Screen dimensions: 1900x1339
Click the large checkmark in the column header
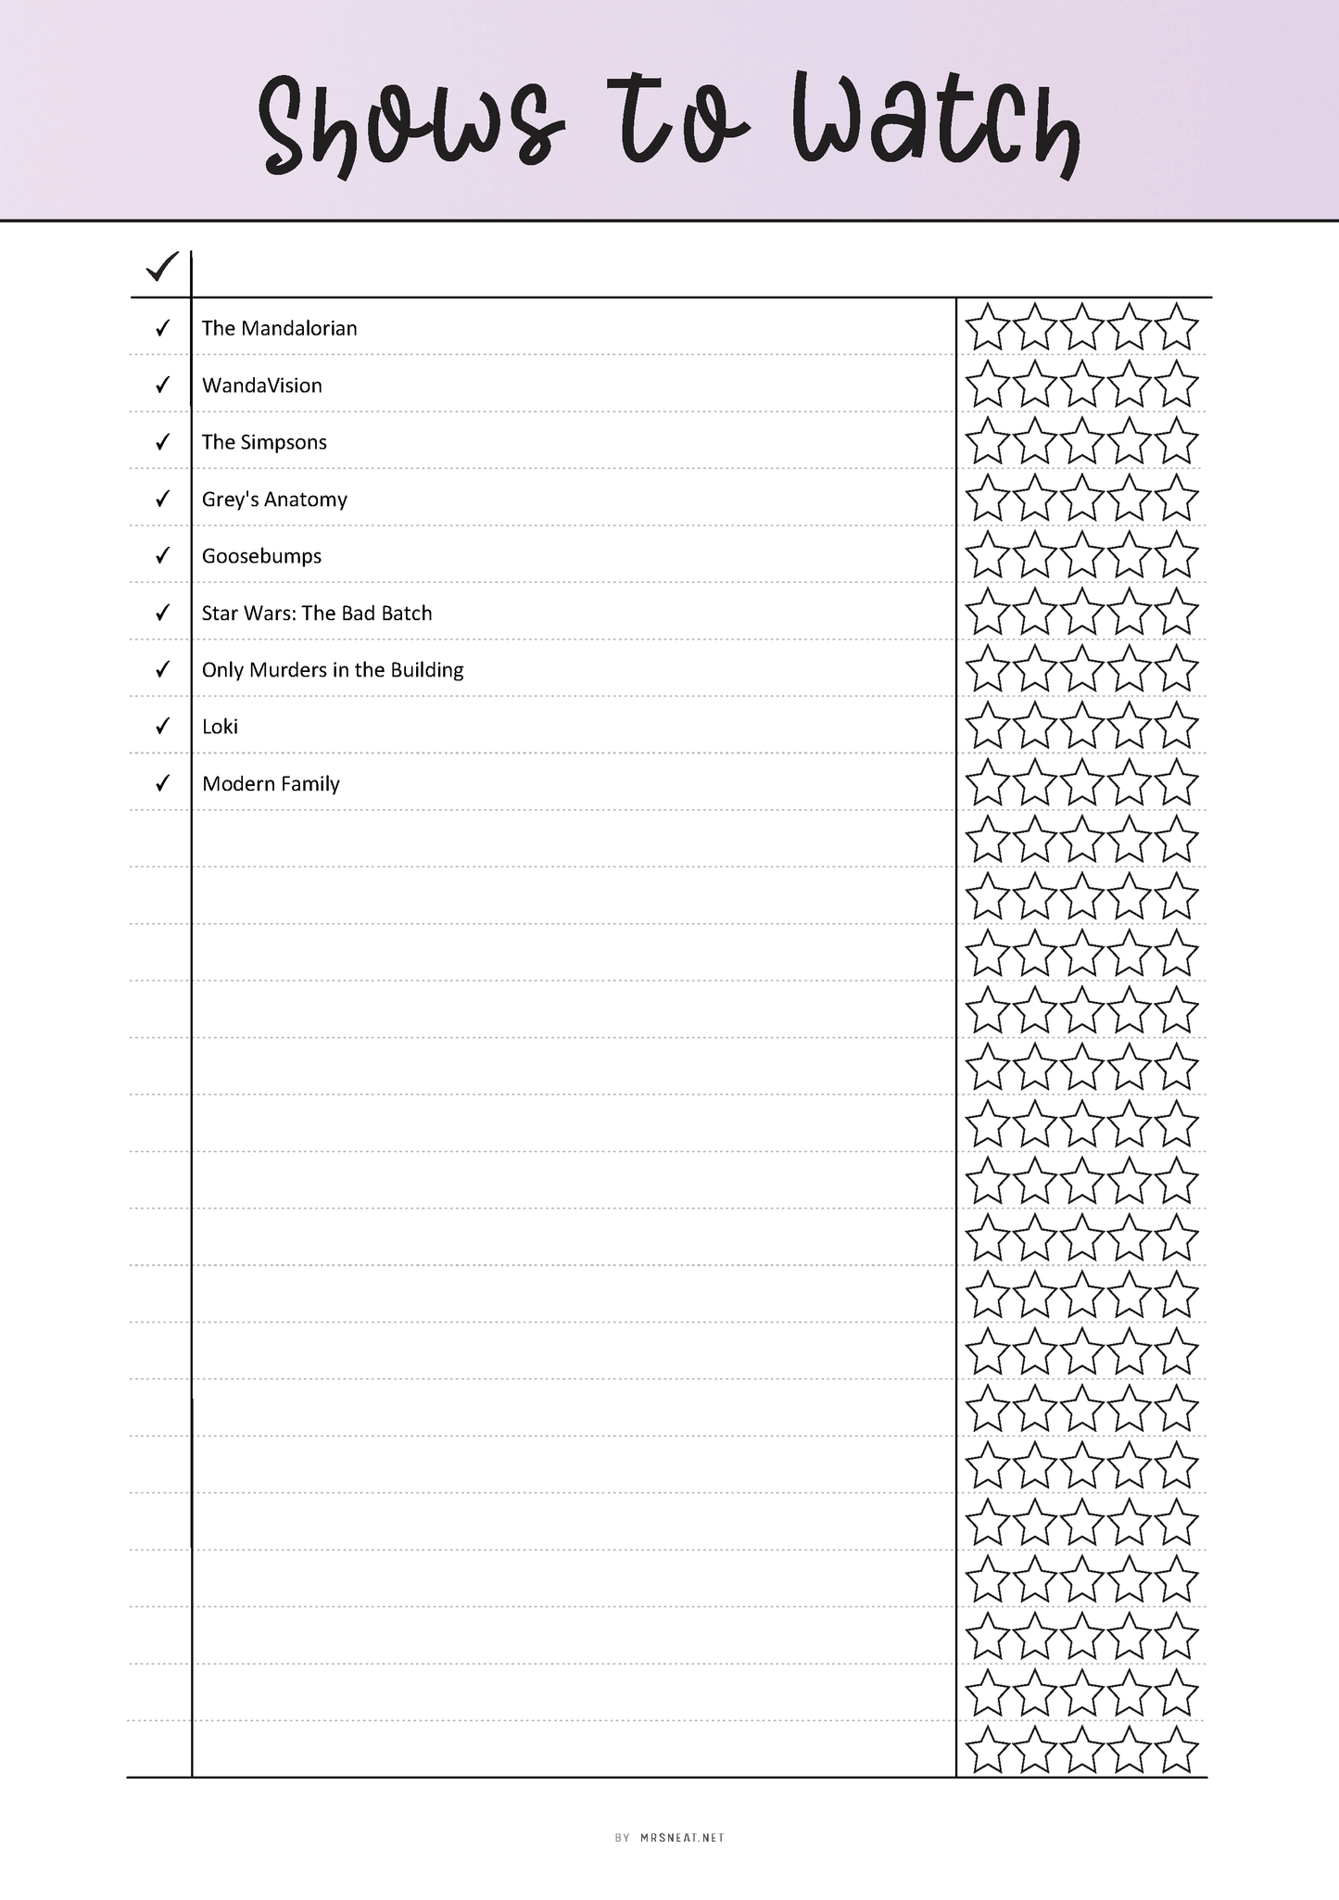pyautogui.click(x=161, y=268)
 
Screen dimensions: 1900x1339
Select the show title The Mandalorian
pyautogui.click(x=279, y=328)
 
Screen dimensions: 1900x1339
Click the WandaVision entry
pyautogui.click(x=262, y=386)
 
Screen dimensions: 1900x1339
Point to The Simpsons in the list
pyautogui.click(x=264, y=442)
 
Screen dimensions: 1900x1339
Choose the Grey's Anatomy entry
pyautogui.click(x=274, y=500)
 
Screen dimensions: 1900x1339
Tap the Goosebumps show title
pyautogui.click(x=261, y=556)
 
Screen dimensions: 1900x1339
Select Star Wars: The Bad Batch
pyautogui.click(x=317, y=614)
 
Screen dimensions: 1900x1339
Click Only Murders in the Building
pyautogui.click(x=333, y=670)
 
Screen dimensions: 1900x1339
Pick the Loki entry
pyautogui.click(x=220, y=727)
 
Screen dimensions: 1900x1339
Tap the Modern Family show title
pyautogui.click(x=271, y=784)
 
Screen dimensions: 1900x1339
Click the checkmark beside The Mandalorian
pyautogui.click(x=162, y=328)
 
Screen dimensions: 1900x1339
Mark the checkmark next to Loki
pyautogui.click(x=162, y=726)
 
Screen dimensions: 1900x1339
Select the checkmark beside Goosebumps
pyautogui.click(x=162, y=556)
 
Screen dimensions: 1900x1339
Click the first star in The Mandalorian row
pyautogui.click(x=987, y=327)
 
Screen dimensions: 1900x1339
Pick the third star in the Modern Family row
pyautogui.click(x=1081, y=783)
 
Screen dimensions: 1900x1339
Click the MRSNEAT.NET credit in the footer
pyautogui.click(x=681, y=1838)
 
